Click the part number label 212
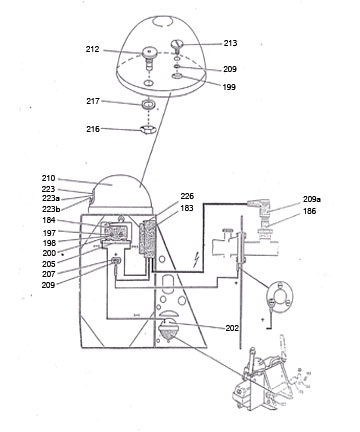click(92, 49)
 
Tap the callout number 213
click(230, 43)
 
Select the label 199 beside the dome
click(229, 87)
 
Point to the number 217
click(93, 101)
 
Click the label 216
click(93, 129)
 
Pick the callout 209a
click(312, 199)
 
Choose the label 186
click(309, 211)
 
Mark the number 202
click(232, 328)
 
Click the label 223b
click(51, 209)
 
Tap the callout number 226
click(187, 196)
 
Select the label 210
click(48, 178)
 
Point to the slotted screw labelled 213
click(178, 46)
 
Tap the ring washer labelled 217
click(148, 104)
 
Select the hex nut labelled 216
click(147, 129)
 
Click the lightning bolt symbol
click(197, 260)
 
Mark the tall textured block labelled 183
click(149, 239)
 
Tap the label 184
click(49, 220)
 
